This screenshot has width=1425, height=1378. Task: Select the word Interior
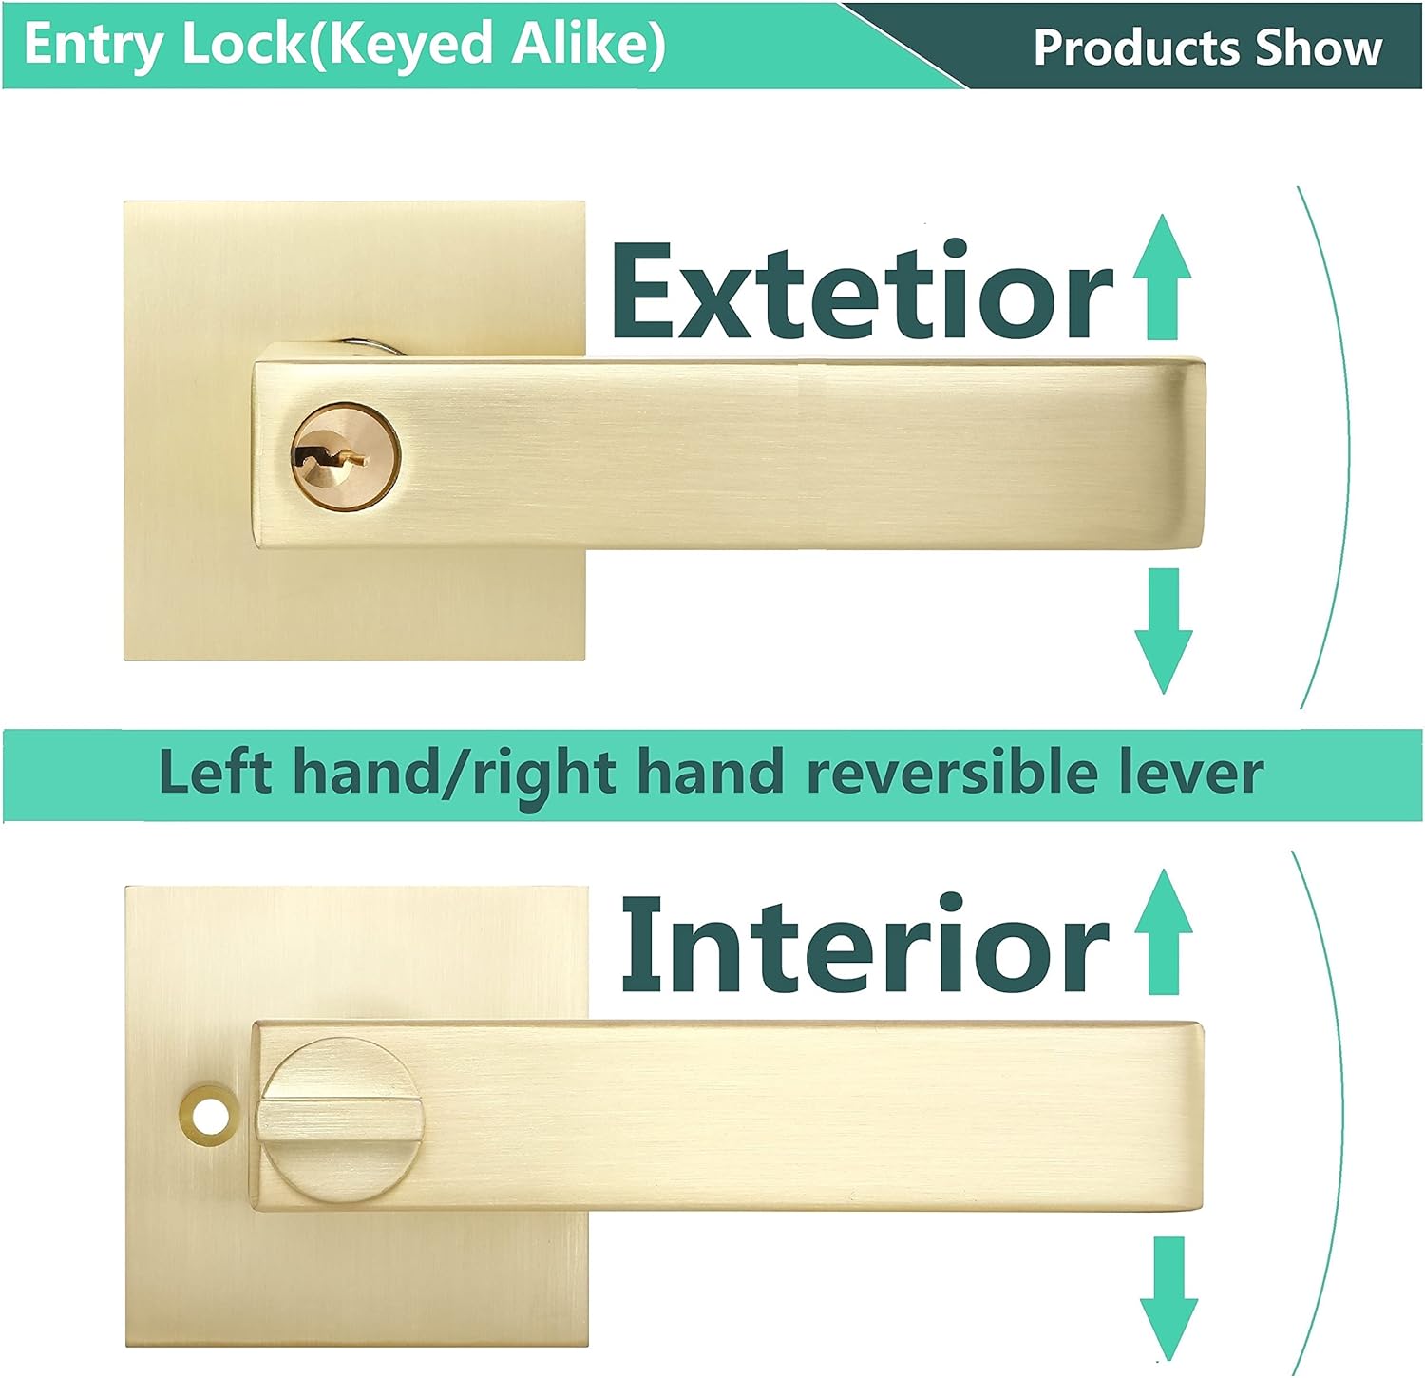pyautogui.click(x=864, y=947)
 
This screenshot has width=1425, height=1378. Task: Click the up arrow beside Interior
pyautogui.click(x=1163, y=931)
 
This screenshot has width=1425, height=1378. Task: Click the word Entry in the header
pyautogui.click(x=93, y=45)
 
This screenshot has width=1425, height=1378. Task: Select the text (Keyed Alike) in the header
pyautogui.click(x=488, y=45)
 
